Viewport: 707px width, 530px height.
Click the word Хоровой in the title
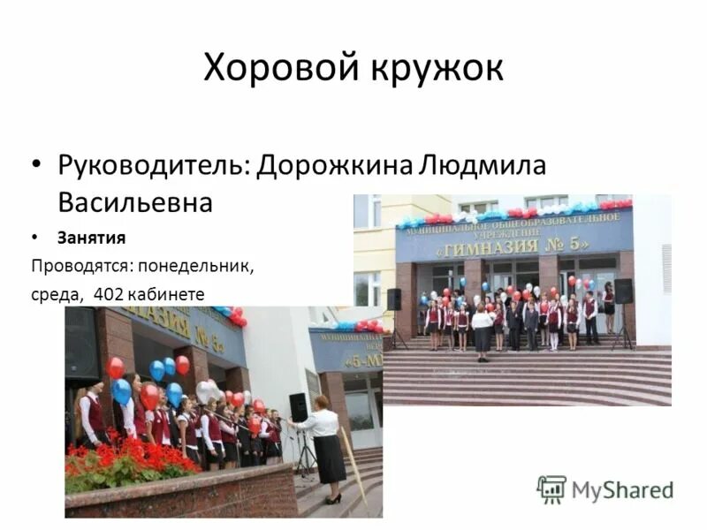[271, 68]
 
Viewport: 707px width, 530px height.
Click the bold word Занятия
[92, 238]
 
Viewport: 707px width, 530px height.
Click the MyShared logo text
[622, 488]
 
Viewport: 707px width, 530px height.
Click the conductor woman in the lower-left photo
[323, 442]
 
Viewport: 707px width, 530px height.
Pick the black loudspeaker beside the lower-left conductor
[299, 407]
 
